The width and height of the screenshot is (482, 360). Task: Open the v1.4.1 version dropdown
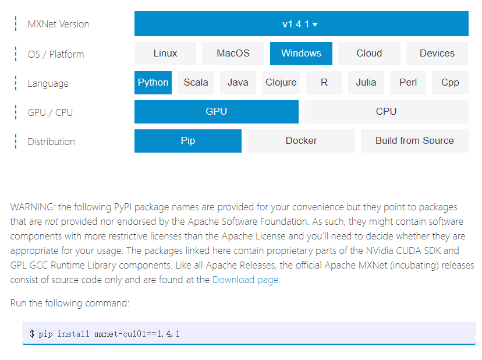pyautogui.click(x=301, y=24)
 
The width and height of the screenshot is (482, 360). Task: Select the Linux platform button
pyautogui.click(x=165, y=54)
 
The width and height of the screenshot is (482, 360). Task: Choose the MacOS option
pyautogui.click(x=233, y=54)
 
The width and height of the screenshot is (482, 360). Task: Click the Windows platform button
pyautogui.click(x=301, y=54)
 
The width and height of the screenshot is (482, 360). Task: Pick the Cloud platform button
pyautogui.click(x=369, y=54)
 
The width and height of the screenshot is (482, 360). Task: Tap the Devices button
pyautogui.click(x=437, y=54)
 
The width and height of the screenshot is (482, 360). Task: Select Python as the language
pyautogui.click(x=153, y=83)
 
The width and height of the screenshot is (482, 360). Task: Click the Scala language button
pyautogui.click(x=196, y=83)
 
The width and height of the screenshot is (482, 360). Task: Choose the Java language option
pyautogui.click(x=238, y=83)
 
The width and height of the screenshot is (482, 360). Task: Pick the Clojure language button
pyautogui.click(x=281, y=83)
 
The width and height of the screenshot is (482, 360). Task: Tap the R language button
pyautogui.click(x=324, y=83)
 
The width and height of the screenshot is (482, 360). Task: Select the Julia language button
pyautogui.click(x=366, y=83)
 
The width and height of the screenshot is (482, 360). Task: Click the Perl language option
pyautogui.click(x=408, y=83)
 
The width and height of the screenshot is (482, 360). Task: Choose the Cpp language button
pyautogui.click(x=450, y=83)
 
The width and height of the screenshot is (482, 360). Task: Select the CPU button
pyautogui.click(x=386, y=112)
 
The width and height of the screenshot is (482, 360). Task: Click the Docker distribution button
pyautogui.click(x=301, y=141)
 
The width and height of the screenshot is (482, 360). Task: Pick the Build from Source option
pyautogui.click(x=414, y=141)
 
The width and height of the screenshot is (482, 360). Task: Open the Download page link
pyautogui.click(x=245, y=280)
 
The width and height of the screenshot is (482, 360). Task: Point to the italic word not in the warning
pyautogui.click(x=52, y=221)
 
